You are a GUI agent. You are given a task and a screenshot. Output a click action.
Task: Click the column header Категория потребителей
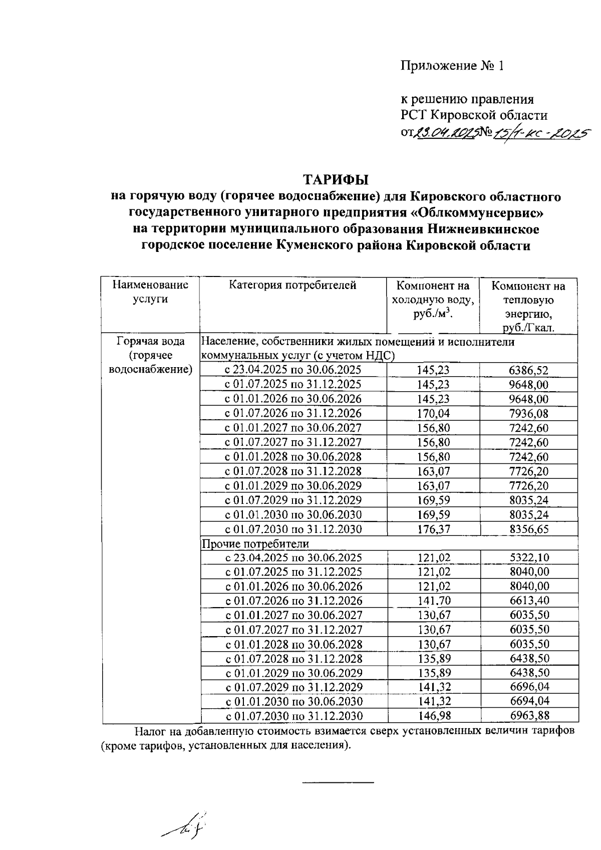pos(293,286)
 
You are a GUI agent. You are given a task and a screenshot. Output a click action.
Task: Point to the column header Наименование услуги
pos(150,292)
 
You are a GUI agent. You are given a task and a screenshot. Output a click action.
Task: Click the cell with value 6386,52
pos(528,371)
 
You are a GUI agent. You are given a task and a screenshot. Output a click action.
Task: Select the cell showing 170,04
pos(433,414)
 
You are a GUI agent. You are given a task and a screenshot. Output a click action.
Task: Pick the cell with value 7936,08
pos(528,414)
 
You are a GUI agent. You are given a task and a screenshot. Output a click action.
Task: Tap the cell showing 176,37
pos(433,529)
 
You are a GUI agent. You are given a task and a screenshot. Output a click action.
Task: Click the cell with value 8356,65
pos(528,529)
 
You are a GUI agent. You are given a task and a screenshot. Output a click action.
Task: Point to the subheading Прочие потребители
pos(255,543)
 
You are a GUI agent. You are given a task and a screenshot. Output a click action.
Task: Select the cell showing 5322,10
pos(528,558)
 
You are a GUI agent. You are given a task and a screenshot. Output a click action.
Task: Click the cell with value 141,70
pos(433,601)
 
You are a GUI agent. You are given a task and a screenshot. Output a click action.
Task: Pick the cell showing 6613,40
pos(528,601)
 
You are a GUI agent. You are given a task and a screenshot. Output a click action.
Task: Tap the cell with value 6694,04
pos(528,702)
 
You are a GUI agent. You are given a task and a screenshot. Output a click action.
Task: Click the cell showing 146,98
pos(433,716)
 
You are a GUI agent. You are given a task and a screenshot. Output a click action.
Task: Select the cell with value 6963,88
pos(528,716)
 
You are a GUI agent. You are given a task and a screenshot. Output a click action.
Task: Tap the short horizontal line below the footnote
pos(339,782)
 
